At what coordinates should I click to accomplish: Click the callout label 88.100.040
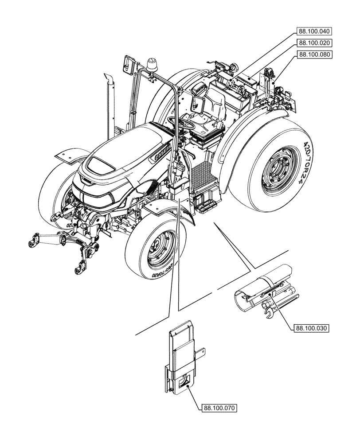(314, 31)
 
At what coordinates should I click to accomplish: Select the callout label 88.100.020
(314, 43)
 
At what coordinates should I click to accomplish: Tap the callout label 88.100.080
(314, 54)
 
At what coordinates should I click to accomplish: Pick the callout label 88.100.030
(311, 328)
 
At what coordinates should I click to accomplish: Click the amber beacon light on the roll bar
(152, 63)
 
